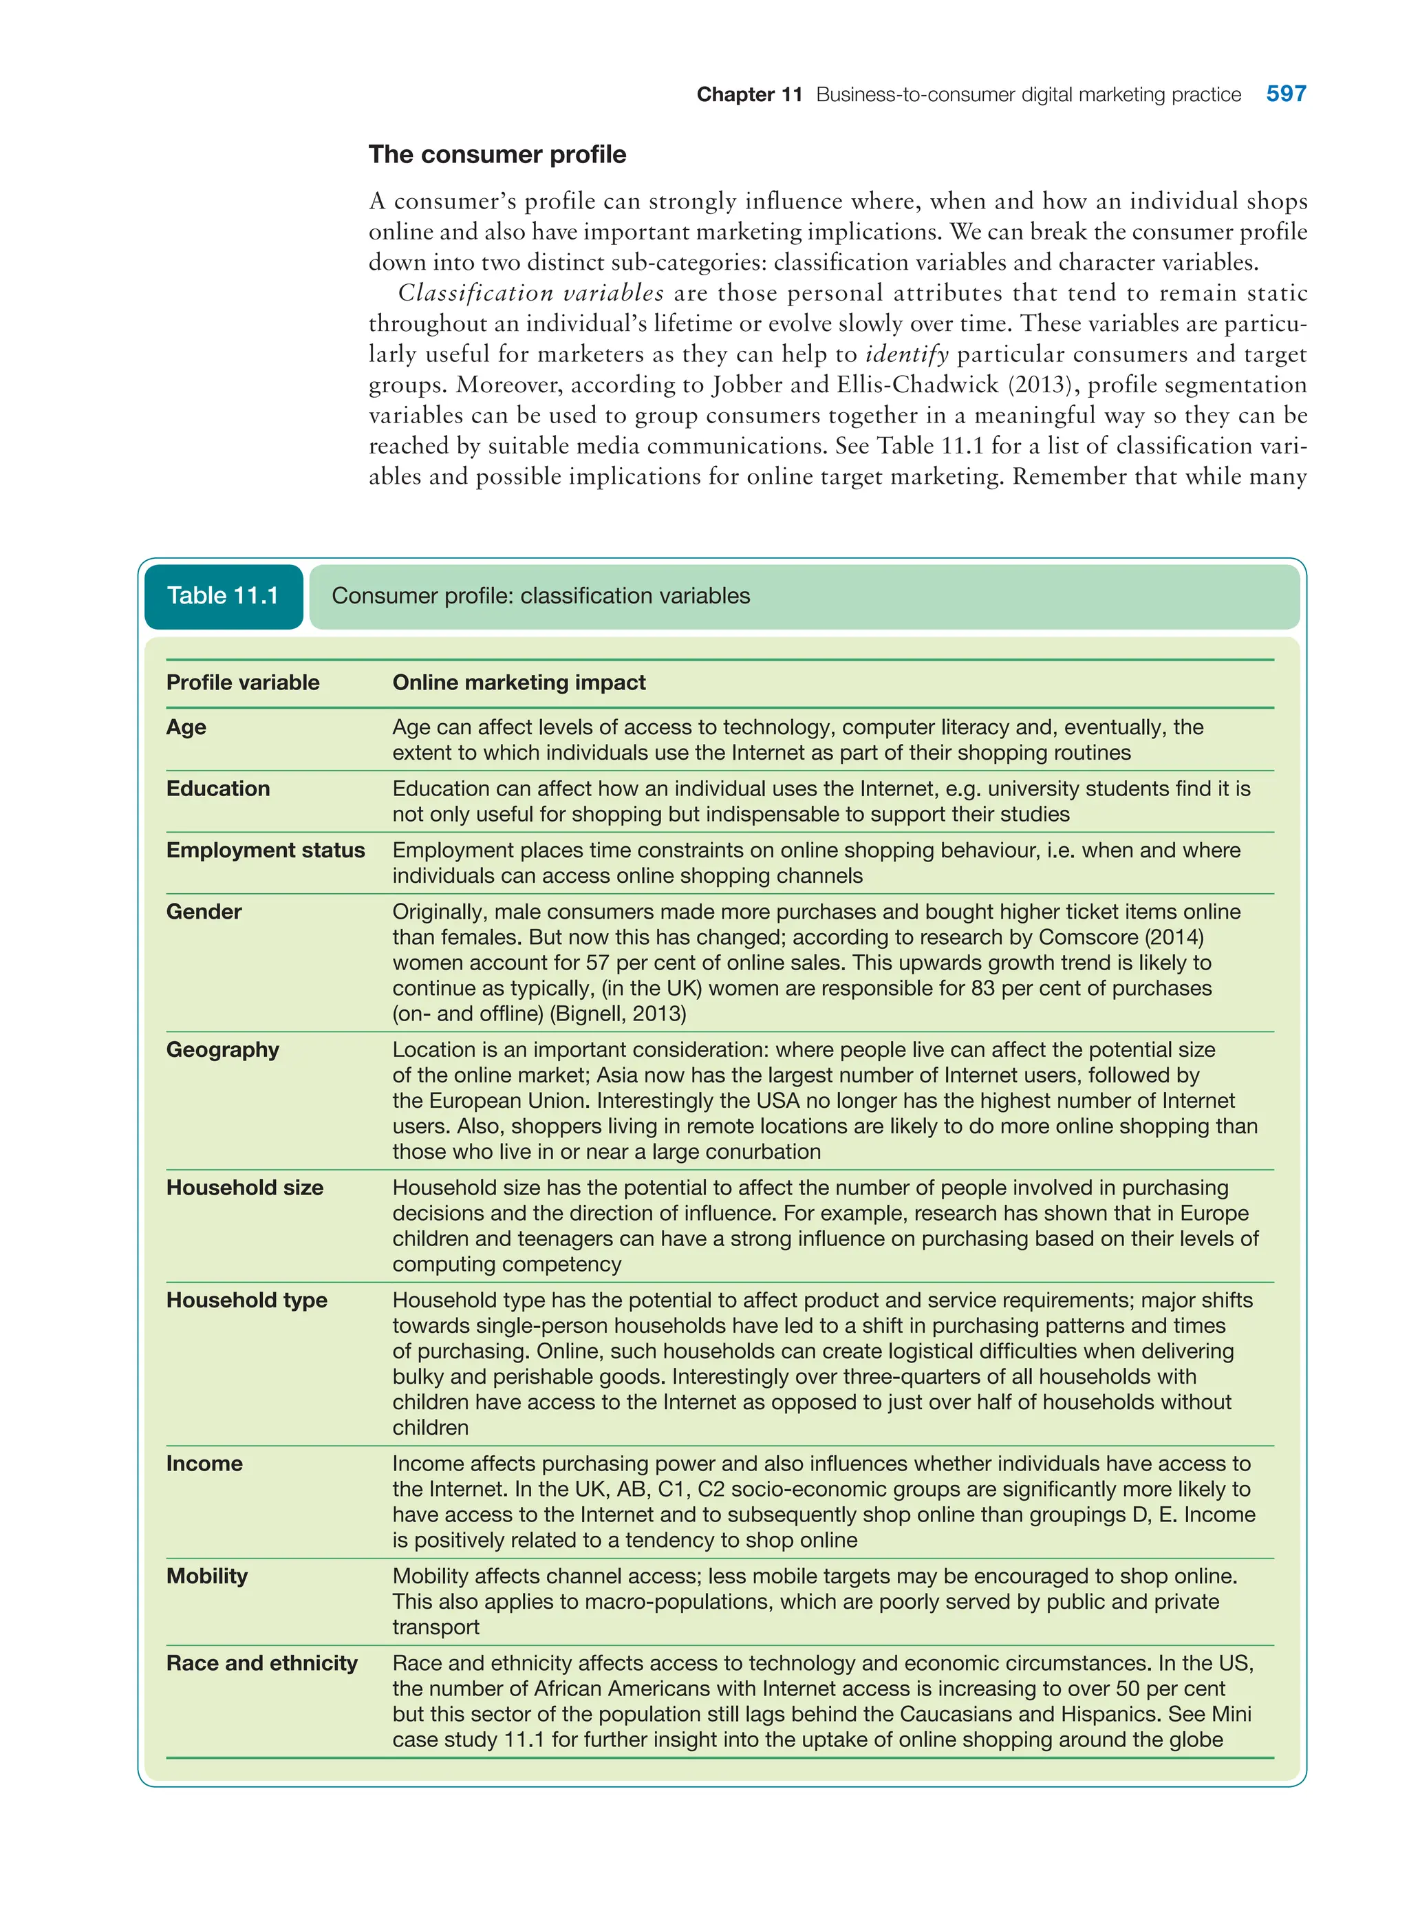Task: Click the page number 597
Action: point(1285,94)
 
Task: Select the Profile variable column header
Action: point(242,683)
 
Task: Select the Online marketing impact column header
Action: point(519,683)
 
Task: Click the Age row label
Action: point(186,727)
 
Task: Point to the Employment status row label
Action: point(266,850)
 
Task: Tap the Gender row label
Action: point(204,911)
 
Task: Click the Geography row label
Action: point(223,1049)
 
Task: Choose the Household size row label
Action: point(245,1188)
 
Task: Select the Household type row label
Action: point(246,1300)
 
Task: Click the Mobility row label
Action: point(206,1576)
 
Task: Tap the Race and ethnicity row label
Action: point(262,1663)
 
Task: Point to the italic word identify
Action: point(907,354)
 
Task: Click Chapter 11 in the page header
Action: point(749,95)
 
